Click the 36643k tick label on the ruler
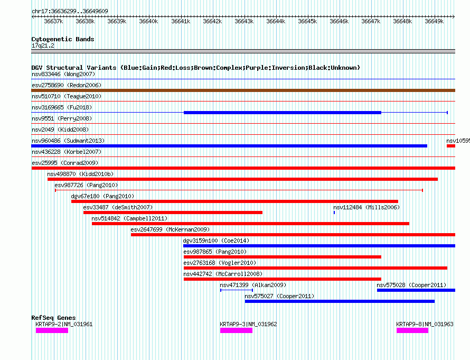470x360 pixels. tap(244, 22)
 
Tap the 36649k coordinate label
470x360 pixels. tap(434, 22)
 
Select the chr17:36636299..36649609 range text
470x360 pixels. tap(70, 11)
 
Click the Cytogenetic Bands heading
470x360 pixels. tap(62, 39)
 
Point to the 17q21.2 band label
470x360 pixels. tap(43, 45)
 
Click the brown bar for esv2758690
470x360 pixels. tap(243, 90)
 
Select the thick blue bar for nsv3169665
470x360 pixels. tap(282, 113)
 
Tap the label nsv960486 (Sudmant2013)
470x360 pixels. tap(68, 141)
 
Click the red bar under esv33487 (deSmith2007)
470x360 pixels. tap(173, 213)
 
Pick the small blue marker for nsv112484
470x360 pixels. tap(334, 213)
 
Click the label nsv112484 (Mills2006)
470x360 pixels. tap(366, 207)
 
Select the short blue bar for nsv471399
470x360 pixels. tap(236, 290)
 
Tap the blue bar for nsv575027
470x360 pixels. tap(340, 301)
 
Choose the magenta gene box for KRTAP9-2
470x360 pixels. tap(52, 330)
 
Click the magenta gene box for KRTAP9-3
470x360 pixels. tap(236, 330)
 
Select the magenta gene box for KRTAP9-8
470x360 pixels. tap(412, 330)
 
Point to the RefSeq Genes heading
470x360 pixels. tap(53, 318)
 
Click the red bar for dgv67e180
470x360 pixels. tap(234, 201)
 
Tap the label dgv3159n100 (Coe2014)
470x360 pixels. tap(216, 241)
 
